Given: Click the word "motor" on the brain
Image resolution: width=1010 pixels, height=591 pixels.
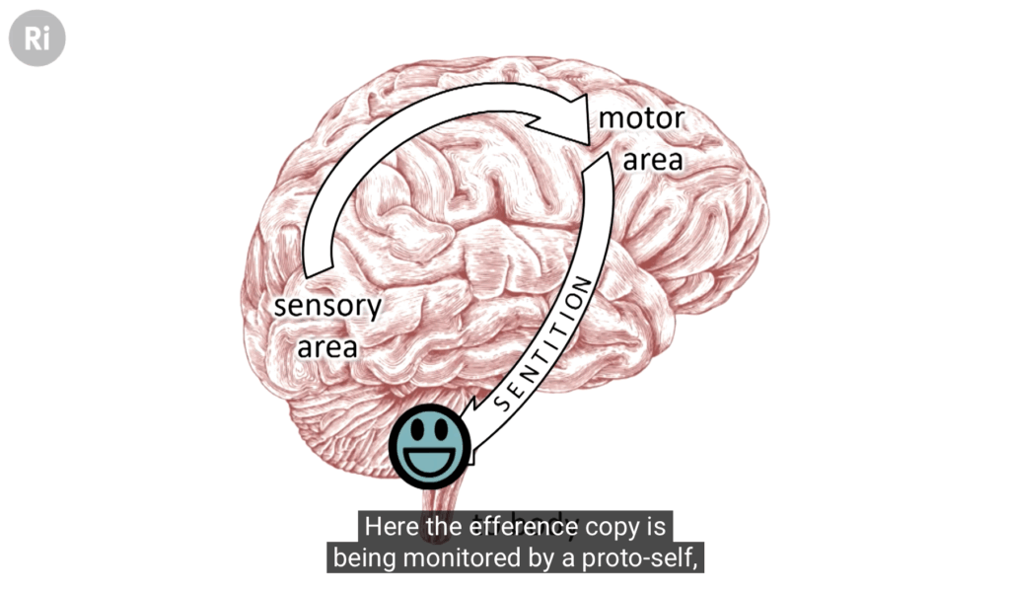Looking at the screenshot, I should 641,118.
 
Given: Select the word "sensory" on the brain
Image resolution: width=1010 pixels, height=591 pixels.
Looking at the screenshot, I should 327,306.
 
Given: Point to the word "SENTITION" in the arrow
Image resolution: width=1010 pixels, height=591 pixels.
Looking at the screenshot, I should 543,342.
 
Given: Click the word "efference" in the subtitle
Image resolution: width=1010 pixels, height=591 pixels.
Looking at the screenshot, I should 512,526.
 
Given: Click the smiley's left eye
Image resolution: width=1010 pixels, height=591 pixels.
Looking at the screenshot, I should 418,429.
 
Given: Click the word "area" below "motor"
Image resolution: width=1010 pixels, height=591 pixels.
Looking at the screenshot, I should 653,159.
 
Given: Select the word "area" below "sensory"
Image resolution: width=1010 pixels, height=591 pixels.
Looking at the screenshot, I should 327,346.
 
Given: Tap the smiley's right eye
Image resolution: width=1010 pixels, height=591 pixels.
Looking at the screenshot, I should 443,429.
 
